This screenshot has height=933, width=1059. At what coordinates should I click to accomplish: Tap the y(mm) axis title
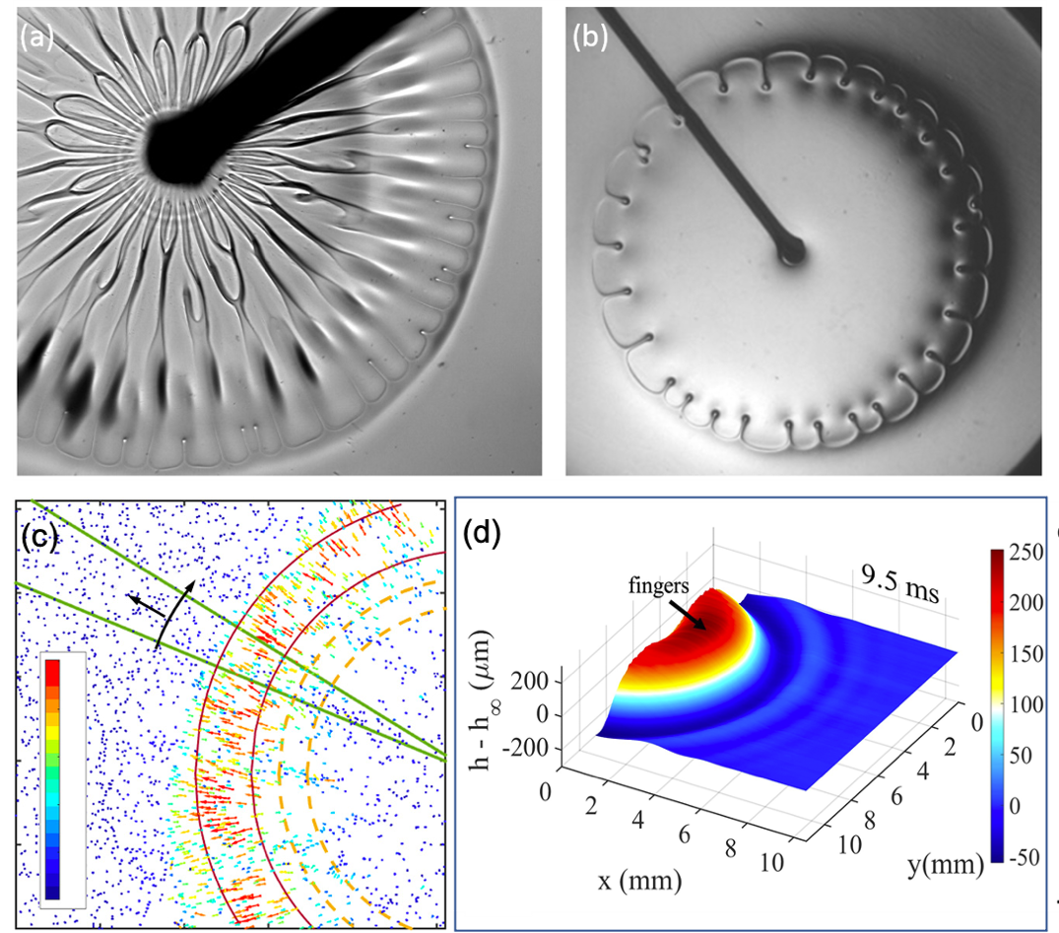pyautogui.click(x=945, y=865)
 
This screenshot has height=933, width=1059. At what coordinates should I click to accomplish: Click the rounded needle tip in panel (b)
pyautogui.click(x=791, y=253)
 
